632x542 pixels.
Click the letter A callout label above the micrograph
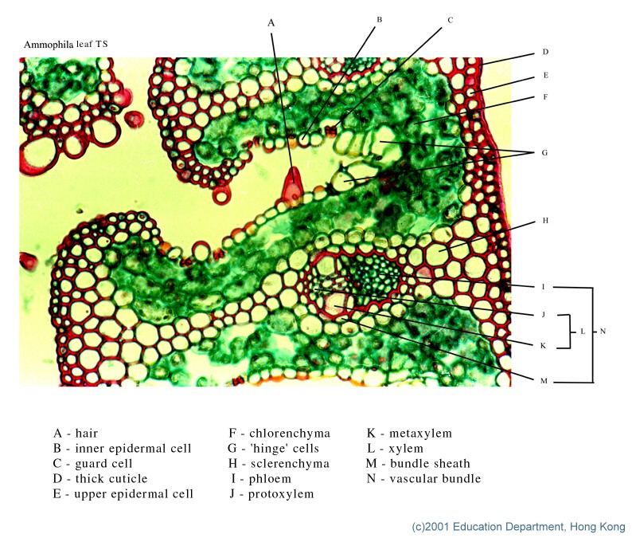271,23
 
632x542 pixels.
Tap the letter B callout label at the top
380,19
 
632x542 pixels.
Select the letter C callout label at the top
451,20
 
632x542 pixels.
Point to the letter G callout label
544,152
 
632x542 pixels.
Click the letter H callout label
545,220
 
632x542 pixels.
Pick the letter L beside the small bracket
583,332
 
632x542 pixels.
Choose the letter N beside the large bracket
603,332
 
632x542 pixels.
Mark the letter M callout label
544,380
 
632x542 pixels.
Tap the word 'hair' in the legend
87,433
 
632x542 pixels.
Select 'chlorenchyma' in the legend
290,434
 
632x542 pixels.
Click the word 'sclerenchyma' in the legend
290,464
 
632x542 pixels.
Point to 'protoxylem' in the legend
281,494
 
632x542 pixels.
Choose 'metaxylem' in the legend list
420,434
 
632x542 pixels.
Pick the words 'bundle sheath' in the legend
430,463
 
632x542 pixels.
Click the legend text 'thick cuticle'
111,479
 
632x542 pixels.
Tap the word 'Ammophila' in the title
49,45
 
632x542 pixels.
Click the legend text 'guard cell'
103,464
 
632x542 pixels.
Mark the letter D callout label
545,52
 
